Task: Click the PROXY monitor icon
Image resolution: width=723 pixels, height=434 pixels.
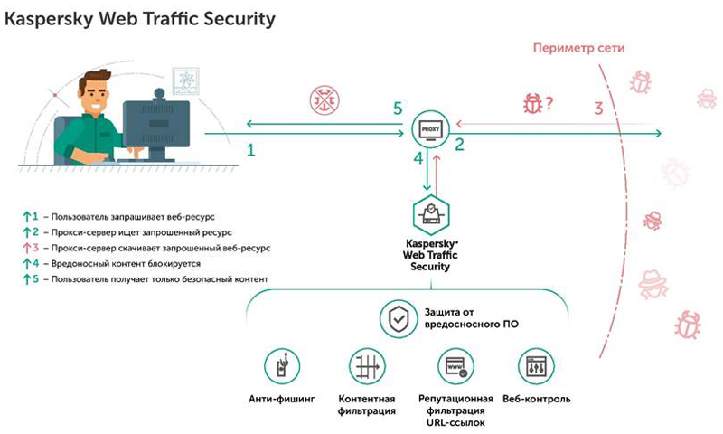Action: (x=430, y=130)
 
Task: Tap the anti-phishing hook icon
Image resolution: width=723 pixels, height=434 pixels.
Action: (x=282, y=366)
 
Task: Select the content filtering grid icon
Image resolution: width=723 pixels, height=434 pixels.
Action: (x=367, y=366)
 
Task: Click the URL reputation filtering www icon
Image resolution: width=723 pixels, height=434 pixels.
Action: (x=455, y=366)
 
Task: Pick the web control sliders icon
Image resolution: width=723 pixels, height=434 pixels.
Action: (x=536, y=366)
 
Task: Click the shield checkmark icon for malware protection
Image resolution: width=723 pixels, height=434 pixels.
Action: (x=399, y=318)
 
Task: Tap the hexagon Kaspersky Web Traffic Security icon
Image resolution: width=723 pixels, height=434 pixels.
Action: (x=431, y=215)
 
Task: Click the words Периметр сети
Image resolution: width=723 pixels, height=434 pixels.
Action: (x=578, y=48)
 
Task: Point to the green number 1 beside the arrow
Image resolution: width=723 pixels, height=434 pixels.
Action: (x=251, y=150)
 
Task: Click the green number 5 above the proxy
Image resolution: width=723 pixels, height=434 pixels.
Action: (x=398, y=108)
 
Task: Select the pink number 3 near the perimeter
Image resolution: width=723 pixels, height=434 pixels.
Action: (x=598, y=108)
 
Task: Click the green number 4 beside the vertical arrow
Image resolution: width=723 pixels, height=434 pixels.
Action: (x=418, y=158)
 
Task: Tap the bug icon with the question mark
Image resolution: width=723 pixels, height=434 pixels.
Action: (x=538, y=103)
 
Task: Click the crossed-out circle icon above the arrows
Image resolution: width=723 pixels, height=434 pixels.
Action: (x=324, y=100)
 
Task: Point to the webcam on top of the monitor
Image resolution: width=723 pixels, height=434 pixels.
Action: (x=160, y=95)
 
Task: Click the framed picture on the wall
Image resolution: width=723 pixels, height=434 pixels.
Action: (x=185, y=80)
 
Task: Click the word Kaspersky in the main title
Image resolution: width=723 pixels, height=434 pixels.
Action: (x=49, y=20)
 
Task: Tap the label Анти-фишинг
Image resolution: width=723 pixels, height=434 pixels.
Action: (x=282, y=399)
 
